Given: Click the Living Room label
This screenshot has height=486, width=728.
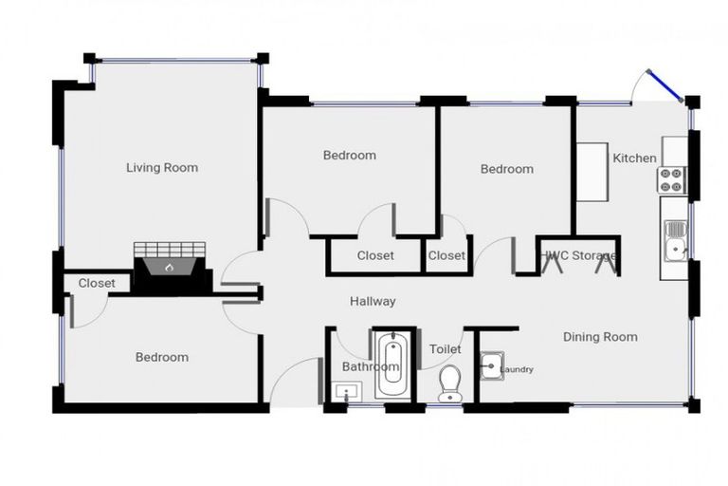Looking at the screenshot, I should click(x=162, y=168).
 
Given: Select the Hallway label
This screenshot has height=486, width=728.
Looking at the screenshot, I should click(x=373, y=302).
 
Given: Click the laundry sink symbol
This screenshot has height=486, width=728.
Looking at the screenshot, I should click(x=490, y=365).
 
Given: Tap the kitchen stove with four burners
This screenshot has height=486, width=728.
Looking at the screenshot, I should click(x=672, y=179).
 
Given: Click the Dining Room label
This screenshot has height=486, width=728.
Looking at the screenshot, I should click(x=600, y=337).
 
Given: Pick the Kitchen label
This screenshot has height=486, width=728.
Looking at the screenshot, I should click(x=634, y=158).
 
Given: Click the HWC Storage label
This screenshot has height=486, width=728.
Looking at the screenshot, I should click(x=580, y=255).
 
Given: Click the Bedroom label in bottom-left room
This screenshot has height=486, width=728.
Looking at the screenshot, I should click(x=161, y=358).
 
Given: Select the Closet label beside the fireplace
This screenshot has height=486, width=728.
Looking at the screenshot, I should click(x=97, y=283).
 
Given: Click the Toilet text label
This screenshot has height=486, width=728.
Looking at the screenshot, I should click(x=445, y=349).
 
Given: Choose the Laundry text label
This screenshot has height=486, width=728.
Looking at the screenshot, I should click(x=517, y=370).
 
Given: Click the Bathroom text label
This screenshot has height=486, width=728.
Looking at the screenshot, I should click(x=369, y=366).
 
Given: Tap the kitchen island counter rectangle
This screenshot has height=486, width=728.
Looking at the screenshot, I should click(x=593, y=172).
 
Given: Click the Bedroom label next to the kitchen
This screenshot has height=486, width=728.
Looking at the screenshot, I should click(x=506, y=169).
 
